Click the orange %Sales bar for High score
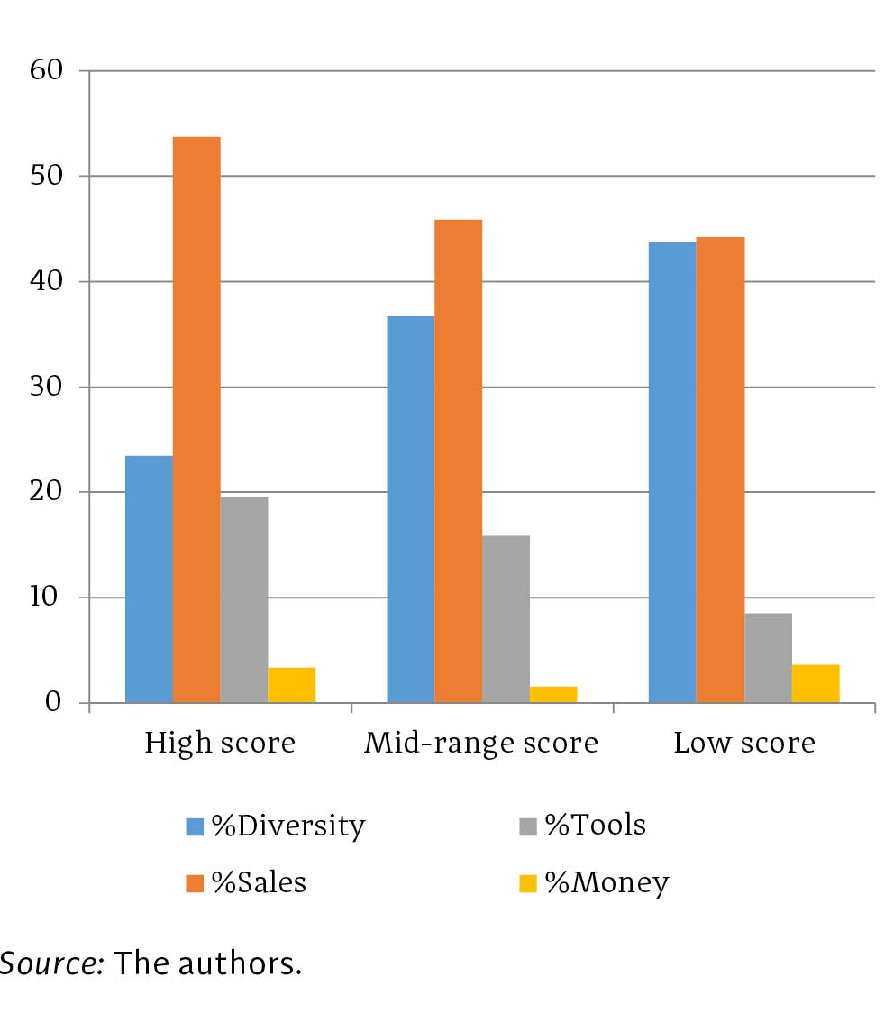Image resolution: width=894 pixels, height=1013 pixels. (x=196, y=419)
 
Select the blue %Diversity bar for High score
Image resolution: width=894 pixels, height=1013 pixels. (x=149, y=579)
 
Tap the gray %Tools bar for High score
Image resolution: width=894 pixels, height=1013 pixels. (x=244, y=599)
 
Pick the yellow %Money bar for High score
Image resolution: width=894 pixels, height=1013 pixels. (x=292, y=685)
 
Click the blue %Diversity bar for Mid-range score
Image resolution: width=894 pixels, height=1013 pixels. (x=410, y=509)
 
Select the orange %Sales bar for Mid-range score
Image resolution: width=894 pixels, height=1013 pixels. (x=458, y=461)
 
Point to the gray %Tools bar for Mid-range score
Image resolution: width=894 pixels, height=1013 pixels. (x=506, y=619)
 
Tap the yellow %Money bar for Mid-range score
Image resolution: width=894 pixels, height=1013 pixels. (x=553, y=694)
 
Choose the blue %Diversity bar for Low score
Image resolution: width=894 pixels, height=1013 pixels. (x=672, y=472)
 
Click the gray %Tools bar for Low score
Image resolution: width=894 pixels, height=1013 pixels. (x=768, y=658)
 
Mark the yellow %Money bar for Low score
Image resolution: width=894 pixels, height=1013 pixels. (x=816, y=683)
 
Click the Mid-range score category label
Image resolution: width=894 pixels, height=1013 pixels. (x=481, y=744)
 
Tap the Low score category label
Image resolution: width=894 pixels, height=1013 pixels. (x=743, y=744)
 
